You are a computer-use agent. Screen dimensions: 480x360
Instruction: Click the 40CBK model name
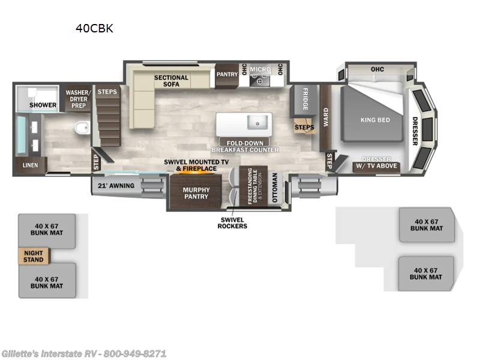click(x=94, y=28)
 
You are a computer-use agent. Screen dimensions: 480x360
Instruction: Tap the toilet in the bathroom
click(x=83, y=127)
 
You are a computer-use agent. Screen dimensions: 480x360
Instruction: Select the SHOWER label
click(x=43, y=105)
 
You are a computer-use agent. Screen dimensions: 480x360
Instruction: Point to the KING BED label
click(x=376, y=120)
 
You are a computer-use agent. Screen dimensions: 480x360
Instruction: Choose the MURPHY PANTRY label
click(x=196, y=193)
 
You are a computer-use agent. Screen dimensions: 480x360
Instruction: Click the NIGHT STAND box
click(x=34, y=256)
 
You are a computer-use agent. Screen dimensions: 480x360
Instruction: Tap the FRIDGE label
click(x=305, y=99)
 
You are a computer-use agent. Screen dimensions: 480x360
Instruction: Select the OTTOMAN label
click(x=275, y=188)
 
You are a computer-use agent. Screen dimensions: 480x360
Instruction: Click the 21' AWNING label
click(x=116, y=185)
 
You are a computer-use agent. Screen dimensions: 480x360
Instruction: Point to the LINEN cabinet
click(x=31, y=166)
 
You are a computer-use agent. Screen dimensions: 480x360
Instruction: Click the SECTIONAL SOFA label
click(x=171, y=81)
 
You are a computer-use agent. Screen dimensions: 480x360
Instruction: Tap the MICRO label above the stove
click(x=260, y=70)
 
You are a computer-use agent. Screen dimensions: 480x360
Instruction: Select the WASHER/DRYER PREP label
click(x=79, y=99)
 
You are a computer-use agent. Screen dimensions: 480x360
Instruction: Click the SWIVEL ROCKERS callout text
click(x=232, y=223)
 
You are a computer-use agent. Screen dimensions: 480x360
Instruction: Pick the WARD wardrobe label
click(x=326, y=117)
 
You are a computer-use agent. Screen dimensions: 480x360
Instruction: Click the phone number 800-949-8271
click(x=134, y=353)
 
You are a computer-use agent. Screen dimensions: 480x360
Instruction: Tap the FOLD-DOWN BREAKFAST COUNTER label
click(x=245, y=146)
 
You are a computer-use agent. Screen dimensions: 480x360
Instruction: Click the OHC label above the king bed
click(x=377, y=69)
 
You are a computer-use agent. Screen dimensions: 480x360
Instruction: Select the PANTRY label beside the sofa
click(x=227, y=74)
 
